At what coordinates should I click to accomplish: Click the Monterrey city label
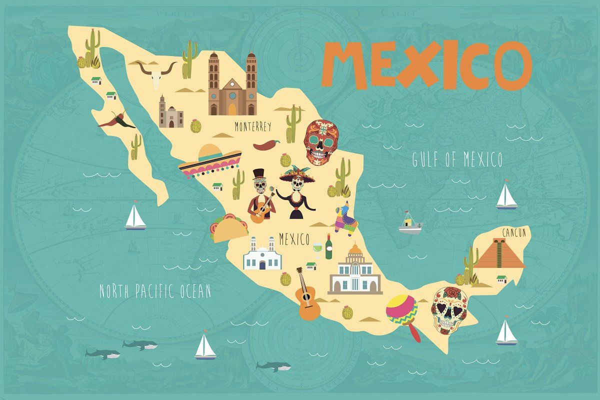point(252,127)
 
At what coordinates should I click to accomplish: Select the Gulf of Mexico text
point(457,159)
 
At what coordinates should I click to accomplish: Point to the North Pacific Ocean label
point(155,291)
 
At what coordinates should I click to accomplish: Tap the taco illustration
point(229,228)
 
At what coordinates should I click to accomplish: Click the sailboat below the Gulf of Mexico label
point(506,196)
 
